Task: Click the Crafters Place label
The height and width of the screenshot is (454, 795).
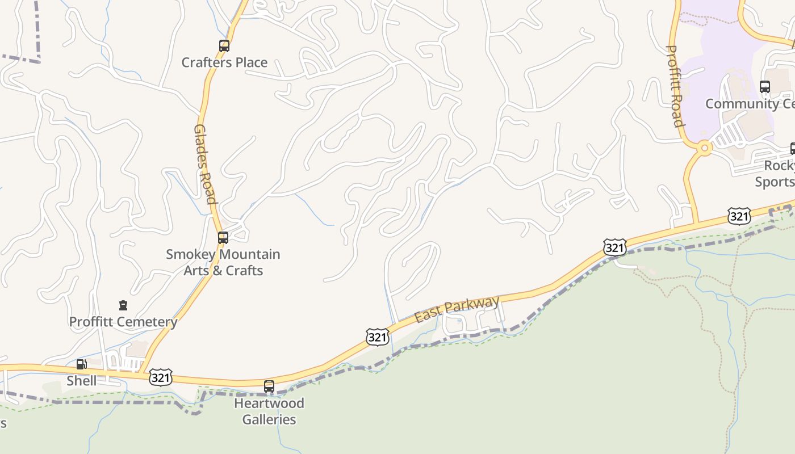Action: [x=224, y=62]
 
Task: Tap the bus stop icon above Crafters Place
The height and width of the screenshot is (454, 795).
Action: [x=224, y=46]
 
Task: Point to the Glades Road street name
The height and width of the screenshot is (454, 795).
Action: [x=205, y=164]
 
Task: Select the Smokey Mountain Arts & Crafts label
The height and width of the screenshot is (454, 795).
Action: [x=223, y=262]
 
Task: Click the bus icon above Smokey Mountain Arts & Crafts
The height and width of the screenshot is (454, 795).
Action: [x=223, y=238]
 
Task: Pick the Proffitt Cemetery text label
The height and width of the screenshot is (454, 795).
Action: [x=123, y=322]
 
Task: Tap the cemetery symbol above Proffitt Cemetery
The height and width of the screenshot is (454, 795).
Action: [x=123, y=306]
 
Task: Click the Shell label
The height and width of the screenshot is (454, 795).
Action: [x=82, y=381]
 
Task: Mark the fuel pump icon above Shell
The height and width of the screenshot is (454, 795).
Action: [x=82, y=364]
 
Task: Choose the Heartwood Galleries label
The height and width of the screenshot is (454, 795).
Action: [x=269, y=411]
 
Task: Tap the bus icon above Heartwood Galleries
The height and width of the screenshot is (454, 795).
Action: [x=269, y=386]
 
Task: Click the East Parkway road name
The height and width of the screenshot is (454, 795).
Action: [x=457, y=309]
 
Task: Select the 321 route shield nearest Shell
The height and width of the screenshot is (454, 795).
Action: [x=161, y=377]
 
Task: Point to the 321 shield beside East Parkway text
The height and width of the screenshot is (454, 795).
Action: [x=377, y=338]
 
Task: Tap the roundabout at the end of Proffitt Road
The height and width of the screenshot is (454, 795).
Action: [x=705, y=149]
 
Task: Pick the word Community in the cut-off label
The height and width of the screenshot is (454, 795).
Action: [x=733, y=104]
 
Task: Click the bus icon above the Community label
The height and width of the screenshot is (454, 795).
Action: [x=765, y=87]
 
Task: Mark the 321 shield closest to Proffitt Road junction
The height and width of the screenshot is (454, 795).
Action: [x=739, y=216]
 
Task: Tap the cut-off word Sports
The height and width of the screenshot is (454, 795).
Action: [x=775, y=182]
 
